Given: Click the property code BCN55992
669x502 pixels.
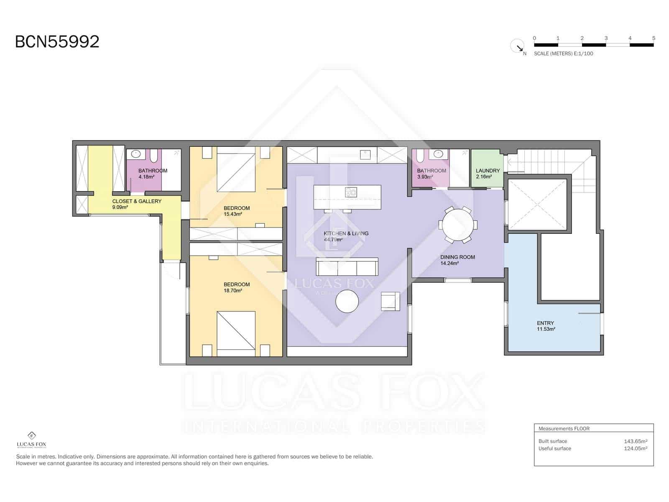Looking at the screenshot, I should pos(57,42).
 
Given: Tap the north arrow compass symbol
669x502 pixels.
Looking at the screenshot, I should pos(518,46).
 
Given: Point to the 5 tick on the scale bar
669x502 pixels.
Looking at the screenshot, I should pos(654,38).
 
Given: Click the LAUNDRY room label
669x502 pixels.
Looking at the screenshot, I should pos(488,171).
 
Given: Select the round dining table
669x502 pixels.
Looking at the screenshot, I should pos(458,225).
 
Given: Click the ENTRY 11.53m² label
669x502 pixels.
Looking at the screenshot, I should pos(546,326).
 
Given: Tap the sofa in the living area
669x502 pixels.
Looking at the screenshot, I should pos(347,266).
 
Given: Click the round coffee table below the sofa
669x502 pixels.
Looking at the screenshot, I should pos(347,301).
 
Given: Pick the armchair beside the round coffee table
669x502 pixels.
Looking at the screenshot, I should pos(390,302).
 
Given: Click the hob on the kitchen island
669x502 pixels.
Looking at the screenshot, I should pos(351,192).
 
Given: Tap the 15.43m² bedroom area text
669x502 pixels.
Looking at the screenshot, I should pos(233,214).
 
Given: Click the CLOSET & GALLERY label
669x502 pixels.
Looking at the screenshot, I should pos(137,201).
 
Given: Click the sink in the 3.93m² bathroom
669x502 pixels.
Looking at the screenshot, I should pos(438,154).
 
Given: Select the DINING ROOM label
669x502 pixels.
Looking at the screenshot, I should pos(457,257).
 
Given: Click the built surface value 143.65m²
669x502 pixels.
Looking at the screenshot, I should pos(635,441).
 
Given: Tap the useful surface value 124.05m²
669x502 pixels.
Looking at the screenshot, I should pos(635,448).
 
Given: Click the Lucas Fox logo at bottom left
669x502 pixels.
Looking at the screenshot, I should pos(31,440).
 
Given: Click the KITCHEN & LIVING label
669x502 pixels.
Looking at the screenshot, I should pos(346,233).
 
